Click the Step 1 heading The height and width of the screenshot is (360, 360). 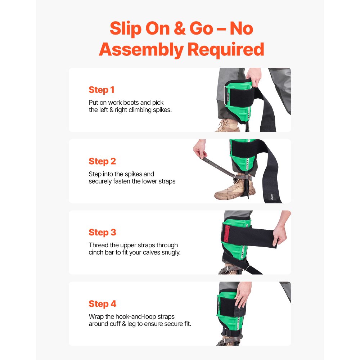click(102, 90)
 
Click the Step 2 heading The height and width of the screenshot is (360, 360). click(102, 161)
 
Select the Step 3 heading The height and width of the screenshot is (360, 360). click(102, 233)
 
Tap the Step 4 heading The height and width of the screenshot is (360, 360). click(102, 304)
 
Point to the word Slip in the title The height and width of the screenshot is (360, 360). click(126, 28)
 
